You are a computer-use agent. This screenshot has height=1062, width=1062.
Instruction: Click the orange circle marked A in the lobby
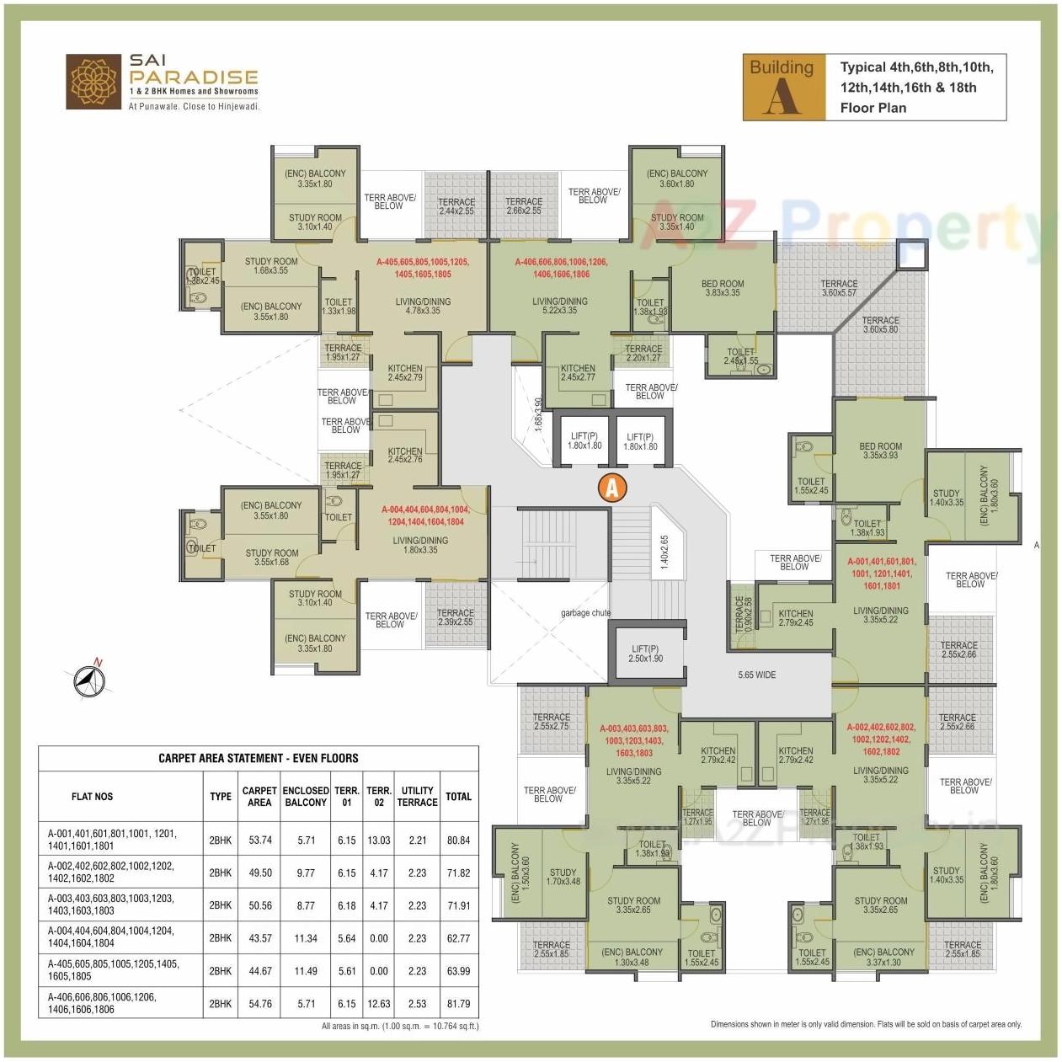click(612, 487)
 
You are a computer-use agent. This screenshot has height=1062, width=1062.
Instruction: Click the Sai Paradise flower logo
click(93, 83)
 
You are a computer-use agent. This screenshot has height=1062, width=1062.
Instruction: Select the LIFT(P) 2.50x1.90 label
click(645, 654)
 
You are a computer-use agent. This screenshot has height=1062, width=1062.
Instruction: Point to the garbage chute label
click(585, 612)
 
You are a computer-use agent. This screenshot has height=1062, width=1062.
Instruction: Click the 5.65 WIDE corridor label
click(756, 675)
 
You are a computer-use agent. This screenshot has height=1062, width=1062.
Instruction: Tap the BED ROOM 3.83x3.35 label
click(722, 288)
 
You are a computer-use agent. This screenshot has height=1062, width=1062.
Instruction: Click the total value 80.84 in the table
click(458, 840)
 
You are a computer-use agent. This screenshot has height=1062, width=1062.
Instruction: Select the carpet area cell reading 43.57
click(259, 937)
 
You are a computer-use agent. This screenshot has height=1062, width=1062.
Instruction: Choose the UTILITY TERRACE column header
click(417, 796)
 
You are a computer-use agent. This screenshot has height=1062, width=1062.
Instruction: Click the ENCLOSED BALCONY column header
click(306, 796)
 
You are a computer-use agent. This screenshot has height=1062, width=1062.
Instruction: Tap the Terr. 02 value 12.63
click(379, 1003)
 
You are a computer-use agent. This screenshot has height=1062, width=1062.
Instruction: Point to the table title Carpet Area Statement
click(258, 758)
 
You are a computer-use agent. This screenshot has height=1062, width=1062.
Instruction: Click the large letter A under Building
click(782, 99)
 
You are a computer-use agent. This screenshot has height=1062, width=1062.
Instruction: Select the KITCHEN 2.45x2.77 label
click(578, 372)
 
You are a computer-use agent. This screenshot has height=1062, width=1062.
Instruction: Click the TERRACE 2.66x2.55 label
click(523, 205)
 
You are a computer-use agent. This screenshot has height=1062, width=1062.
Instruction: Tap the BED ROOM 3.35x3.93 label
click(880, 451)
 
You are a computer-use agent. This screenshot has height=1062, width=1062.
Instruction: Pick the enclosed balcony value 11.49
click(306, 970)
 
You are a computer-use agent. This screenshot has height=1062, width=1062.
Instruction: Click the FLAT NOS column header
click(92, 796)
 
